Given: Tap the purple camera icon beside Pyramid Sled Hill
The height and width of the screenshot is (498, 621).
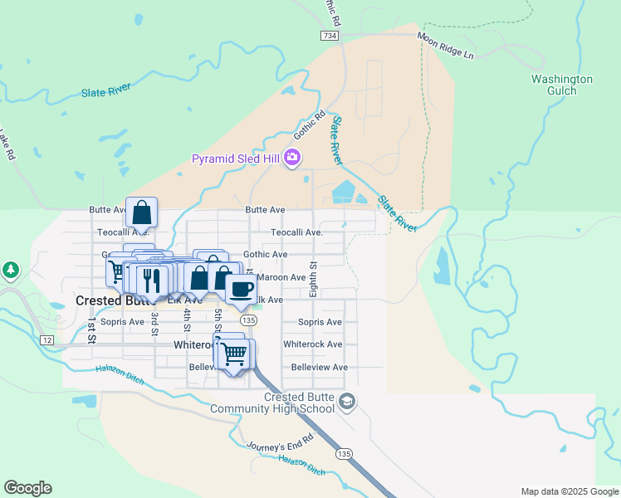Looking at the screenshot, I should pos(291,158).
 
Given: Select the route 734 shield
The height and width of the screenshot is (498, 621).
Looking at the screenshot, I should pos(330,36).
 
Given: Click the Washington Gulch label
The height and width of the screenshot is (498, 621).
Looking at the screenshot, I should pos(562,85).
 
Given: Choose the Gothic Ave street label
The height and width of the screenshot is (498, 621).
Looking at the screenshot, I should pos(265,255).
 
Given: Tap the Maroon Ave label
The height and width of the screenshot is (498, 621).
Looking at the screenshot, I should pos(282,277).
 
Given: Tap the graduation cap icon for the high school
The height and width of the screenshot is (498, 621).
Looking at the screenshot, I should pos(347,403).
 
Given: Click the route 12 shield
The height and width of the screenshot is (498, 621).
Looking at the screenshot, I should pos(47,339).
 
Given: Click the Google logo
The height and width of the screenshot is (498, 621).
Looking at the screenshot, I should pos(27,488).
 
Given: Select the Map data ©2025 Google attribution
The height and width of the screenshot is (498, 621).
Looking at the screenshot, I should pos(569,491).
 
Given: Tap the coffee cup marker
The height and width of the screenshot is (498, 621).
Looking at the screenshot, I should pos(241,289).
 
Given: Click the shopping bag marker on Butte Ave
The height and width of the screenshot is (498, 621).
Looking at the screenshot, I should pos(141,212).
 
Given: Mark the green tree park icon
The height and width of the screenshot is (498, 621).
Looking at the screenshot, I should pos(10,270).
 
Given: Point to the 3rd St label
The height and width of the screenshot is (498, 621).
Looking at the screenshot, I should pos(154,320).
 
